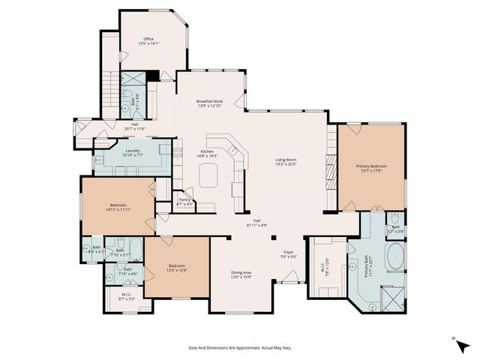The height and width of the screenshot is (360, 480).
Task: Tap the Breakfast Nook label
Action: click(x=210, y=100)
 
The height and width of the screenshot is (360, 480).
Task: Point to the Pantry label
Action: click(x=184, y=200)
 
